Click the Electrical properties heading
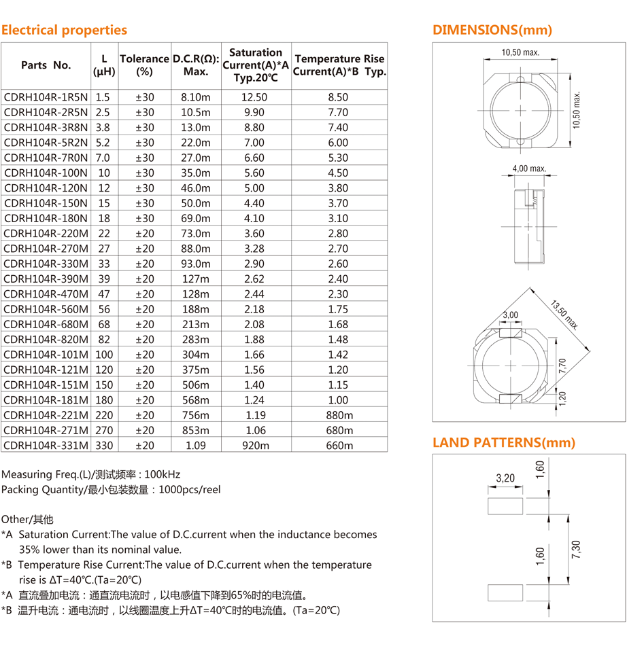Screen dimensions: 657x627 (64, 30)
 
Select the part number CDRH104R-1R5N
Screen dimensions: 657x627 (46, 97)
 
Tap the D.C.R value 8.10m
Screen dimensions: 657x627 (196, 97)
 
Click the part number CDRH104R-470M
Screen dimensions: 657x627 (46, 294)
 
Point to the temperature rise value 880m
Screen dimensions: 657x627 (339, 415)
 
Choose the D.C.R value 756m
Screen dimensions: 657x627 (196, 415)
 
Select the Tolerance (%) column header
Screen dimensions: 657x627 (144, 65)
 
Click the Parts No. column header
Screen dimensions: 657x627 (46, 65)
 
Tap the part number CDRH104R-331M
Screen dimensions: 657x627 (46, 446)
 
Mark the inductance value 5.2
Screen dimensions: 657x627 (103, 143)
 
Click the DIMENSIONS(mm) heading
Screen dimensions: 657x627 (492, 30)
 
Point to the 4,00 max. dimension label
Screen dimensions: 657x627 (529, 168)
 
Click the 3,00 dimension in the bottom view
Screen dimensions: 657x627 (510, 315)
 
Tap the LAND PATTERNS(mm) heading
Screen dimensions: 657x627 (504, 443)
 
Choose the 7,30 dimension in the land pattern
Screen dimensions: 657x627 (576, 547)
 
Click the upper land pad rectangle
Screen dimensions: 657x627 (505, 505)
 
